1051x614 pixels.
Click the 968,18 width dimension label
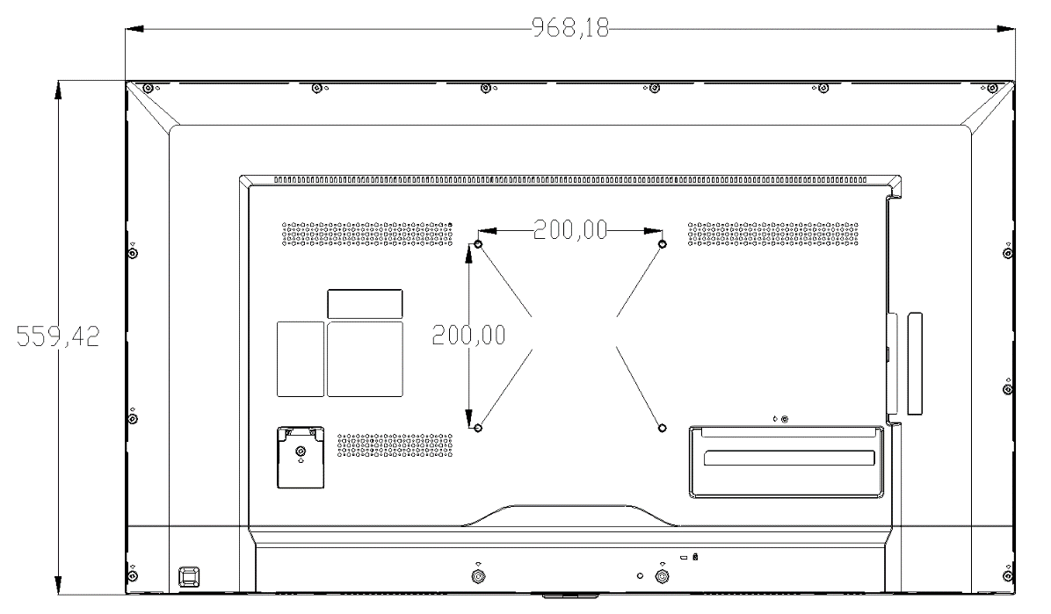pos(570,27)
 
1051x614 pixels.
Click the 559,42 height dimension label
pos(58,336)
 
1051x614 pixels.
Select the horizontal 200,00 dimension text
pos(570,230)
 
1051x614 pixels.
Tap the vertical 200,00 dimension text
pos(468,335)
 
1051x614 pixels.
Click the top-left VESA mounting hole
pos(478,244)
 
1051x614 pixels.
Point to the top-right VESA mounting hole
pos(663,244)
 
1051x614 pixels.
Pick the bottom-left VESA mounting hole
pos(478,428)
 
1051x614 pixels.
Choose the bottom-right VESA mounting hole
pos(663,428)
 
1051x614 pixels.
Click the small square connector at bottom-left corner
pos(189,576)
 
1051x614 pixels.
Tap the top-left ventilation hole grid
pos(367,234)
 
